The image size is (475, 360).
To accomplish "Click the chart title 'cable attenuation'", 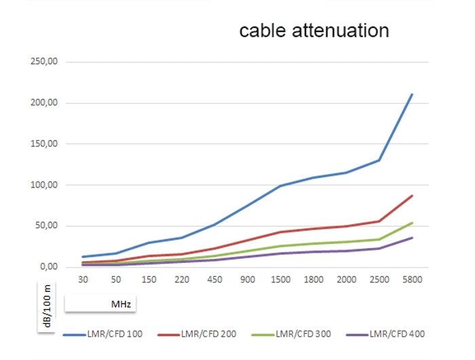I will click(x=314, y=31).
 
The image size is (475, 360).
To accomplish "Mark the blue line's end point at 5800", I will click(x=412, y=94).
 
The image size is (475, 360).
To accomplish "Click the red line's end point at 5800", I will click(x=412, y=196).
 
